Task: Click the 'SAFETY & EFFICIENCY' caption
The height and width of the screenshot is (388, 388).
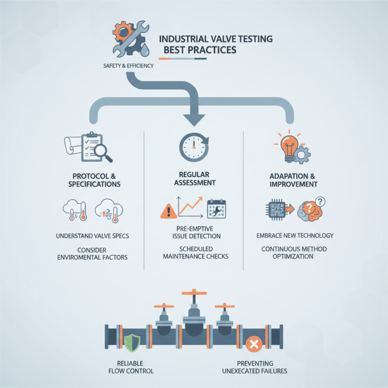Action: pyautogui.click(x=129, y=65)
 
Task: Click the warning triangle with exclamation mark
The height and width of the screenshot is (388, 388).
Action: pyautogui.click(x=167, y=210)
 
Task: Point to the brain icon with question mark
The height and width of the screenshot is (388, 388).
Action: pyautogui.click(x=311, y=210)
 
